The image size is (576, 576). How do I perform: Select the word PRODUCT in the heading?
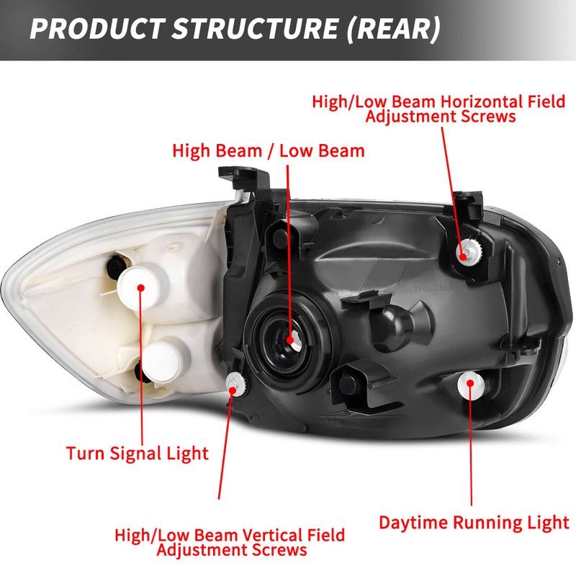click(x=99, y=30)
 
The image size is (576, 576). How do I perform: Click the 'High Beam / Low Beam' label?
click(x=269, y=151)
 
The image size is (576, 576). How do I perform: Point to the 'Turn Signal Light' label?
click(x=137, y=454)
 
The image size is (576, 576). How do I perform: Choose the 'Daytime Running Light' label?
click(x=474, y=522)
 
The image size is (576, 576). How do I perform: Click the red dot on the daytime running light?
click(x=470, y=382)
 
